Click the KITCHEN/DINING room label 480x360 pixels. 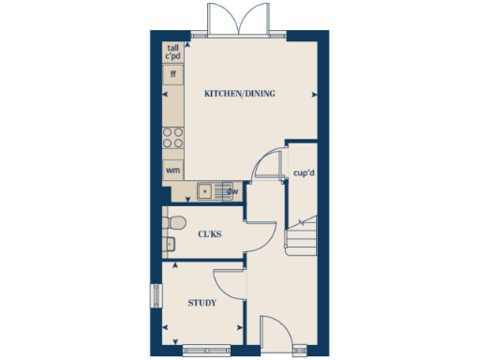tap(240, 94)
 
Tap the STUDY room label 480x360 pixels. tap(202, 303)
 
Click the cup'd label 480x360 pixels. tap(302, 172)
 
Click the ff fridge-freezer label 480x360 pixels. tap(173, 73)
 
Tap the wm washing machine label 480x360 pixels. tap(173, 171)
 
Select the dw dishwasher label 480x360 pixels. tap(232, 192)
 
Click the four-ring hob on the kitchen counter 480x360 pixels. tap(173, 138)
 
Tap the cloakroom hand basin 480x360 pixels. tap(169, 246)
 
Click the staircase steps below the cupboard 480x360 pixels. tap(302, 239)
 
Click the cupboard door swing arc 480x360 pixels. tap(268, 163)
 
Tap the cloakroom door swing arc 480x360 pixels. tap(261, 234)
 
